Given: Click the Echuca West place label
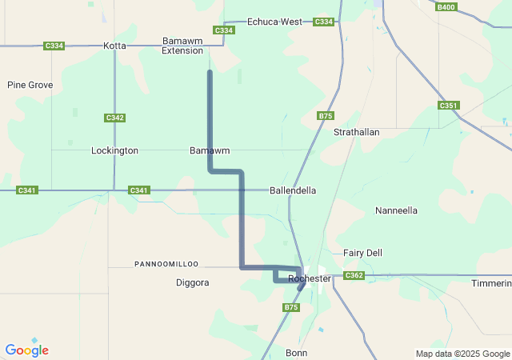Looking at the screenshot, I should coord(274,22).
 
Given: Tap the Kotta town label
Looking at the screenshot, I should coord(114,46).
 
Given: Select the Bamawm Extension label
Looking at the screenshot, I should coord(182,46).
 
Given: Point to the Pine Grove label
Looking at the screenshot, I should coord(30,85).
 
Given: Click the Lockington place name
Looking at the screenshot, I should coord(114,150).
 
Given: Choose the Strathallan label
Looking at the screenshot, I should coord(356,132).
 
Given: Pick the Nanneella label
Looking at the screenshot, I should coord(396,211).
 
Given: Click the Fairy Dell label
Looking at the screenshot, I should coord(362,253).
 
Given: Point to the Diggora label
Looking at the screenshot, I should coord(192,282).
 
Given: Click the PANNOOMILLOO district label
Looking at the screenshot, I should coord(166,264).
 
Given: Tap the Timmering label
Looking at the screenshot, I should coord(491,284).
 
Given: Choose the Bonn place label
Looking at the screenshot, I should coord(296,353).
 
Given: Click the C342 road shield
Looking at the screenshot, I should coord(114,118).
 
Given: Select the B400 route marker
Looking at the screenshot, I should coord(446,7).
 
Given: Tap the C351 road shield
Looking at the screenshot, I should coord(448,106).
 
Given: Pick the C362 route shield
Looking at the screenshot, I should coord(354,276).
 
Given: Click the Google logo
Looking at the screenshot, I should coord(26,350).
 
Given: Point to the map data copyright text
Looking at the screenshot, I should coord(462,354).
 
